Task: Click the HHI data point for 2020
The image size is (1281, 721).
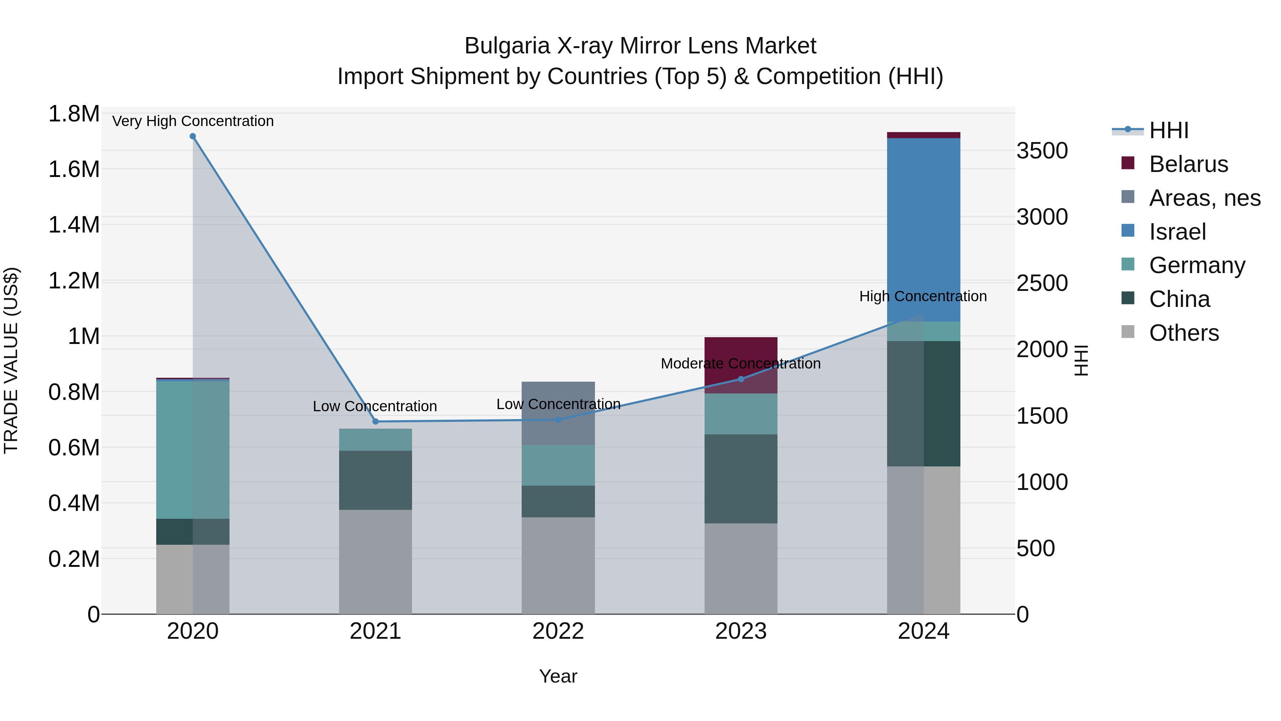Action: [193, 136]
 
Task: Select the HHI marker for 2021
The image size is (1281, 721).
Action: [375, 422]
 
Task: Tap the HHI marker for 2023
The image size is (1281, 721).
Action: [741, 379]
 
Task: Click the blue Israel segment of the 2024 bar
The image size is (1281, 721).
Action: [923, 229]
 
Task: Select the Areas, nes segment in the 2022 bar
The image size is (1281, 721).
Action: [558, 413]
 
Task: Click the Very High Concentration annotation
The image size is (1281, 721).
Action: [193, 121]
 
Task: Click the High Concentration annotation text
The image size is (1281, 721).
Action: [923, 296]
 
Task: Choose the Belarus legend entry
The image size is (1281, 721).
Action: [1188, 164]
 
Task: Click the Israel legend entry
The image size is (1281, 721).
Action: [1177, 232]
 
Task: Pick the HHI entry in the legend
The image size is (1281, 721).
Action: [1169, 130]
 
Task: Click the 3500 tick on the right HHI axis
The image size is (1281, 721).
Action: [1042, 151]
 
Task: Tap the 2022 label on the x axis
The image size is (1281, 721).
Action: [558, 631]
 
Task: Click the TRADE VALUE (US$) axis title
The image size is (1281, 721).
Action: [11, 360]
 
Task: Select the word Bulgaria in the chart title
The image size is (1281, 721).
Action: [507, 46]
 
